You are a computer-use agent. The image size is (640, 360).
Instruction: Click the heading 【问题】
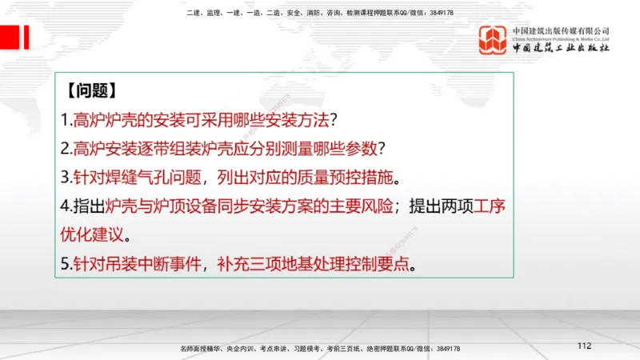pos(93,90)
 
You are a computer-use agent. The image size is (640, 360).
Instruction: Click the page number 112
pos(583,346)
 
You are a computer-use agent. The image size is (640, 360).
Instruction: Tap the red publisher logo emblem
pos(493,41)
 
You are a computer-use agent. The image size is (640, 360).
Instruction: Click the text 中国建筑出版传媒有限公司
pos(561,30)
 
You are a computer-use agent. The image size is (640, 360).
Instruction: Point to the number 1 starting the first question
pos(65,120)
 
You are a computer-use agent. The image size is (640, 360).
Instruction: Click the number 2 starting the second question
pos(65,148)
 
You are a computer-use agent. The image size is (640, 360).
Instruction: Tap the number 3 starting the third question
pos(65,176)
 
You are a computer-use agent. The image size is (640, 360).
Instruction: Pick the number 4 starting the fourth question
pos(65,206)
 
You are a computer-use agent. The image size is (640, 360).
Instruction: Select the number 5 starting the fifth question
pos(65,263)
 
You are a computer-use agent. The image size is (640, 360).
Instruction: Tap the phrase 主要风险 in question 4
pos(363,206)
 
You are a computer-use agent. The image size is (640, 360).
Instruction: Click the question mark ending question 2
pos(382,148)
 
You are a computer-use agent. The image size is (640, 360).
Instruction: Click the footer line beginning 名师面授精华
pos(320,349)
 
